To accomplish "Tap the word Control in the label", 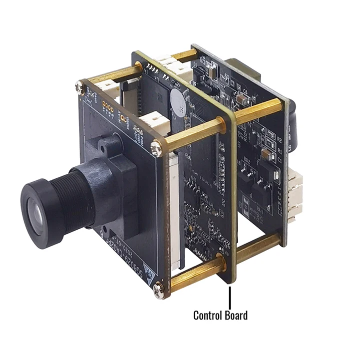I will [209, 315].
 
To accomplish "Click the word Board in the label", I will [236, 315].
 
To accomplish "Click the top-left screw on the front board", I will [79, 87].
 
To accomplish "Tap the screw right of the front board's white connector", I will [157, 145].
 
